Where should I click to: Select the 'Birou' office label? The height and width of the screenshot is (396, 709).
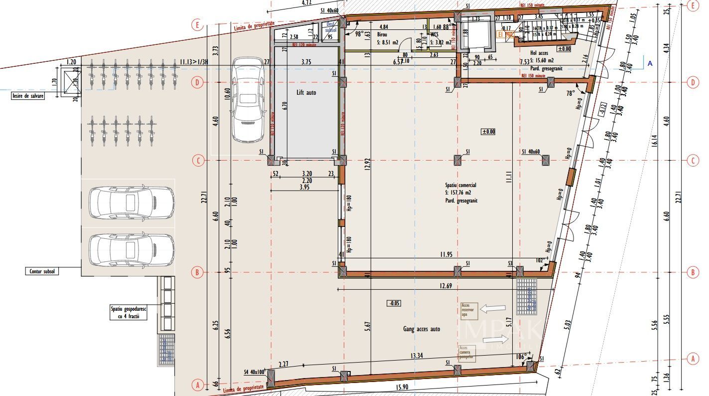click(382, 35)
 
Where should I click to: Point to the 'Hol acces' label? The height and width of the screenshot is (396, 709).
click(540, 52)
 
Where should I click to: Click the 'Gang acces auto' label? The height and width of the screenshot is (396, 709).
click(422, 329)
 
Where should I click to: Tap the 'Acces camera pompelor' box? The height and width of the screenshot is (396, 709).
click(467, 353)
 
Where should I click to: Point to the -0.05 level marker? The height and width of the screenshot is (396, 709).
click(394, 303)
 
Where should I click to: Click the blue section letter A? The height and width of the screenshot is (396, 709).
click(650, 63)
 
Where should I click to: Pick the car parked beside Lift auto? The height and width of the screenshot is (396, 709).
click(248, 100)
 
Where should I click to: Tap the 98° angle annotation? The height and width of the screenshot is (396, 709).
click(359, 34)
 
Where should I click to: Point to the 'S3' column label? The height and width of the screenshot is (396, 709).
click(510, 263)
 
